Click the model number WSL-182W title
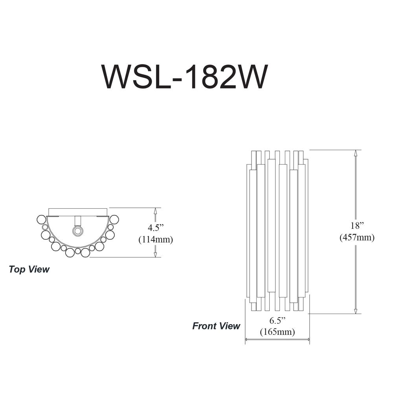coord(184,77)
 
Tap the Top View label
coord(29,270)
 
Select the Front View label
coord(216,326)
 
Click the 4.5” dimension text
coord(155,228)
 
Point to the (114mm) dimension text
coord(156,240)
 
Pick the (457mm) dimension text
coord(357,237)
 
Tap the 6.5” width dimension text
coord(277,320)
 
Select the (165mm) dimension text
coord(277,332)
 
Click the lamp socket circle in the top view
coord(77,231)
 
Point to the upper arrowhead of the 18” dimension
coord(355,153)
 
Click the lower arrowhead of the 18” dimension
coord(355,310)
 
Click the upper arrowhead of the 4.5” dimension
coord(155,211)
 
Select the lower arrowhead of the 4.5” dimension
coord(155,254)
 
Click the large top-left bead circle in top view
coord(41,220)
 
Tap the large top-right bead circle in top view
coord(114,220)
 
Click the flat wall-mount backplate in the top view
coord(78,212)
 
